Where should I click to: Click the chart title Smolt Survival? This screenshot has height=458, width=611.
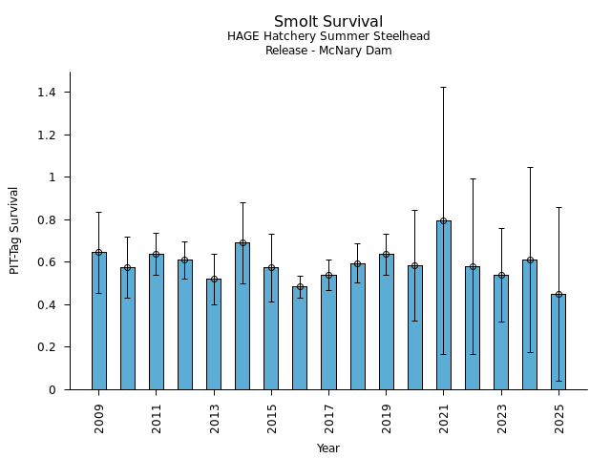(328, 22)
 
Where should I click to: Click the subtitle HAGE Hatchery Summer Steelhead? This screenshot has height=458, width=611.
(328, 36)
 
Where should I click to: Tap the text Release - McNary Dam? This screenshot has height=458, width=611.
(328, 51)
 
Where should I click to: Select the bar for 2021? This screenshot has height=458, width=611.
(444, 305)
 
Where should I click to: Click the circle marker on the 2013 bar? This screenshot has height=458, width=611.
(214, 280)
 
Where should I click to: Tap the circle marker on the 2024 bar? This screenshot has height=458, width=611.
(530, 260)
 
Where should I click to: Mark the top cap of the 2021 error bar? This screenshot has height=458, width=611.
(444, 87)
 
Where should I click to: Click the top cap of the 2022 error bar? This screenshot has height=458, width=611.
(473, 178)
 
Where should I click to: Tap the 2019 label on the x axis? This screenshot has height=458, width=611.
(387, 418)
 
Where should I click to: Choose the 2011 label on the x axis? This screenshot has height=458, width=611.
(157, 418)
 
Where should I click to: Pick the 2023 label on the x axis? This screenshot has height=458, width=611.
(501, 418)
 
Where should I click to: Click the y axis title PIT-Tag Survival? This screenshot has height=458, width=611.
(14, 230)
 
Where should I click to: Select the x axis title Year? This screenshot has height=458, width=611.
(328, 448)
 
